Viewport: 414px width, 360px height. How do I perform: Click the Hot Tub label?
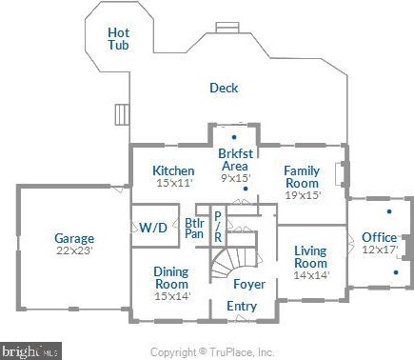[118, 39]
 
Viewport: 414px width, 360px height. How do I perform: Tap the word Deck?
[224, 88]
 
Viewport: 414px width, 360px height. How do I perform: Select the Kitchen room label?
[173, 170]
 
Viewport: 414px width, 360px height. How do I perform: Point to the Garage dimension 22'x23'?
[74, 250]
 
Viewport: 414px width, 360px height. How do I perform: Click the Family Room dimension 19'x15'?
[303, 195]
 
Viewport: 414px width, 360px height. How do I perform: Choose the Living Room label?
[310, 257]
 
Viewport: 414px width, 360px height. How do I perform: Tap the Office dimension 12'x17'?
[380, 250]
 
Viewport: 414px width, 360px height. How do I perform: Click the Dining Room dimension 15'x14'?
[172, 296]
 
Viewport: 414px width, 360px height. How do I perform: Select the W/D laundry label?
[153, 228]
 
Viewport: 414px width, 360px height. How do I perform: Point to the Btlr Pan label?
[194, 229]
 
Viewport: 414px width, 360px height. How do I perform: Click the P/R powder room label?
[218, 227]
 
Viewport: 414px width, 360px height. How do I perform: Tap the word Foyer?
[249, 284]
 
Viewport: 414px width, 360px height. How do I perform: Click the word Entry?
[242, 307]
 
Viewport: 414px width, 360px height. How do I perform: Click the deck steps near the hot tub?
[122, 114]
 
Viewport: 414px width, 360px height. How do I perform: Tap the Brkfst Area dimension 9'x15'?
[236, 178]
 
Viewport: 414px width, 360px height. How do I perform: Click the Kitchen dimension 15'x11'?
[175, 183]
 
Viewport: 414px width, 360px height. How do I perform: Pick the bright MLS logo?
[30, 351]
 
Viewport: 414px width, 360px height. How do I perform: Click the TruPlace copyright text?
[212, 352]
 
